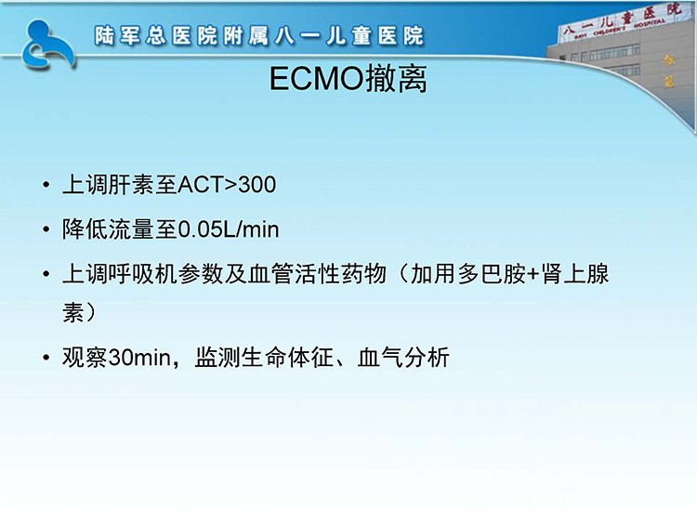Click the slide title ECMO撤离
[348, 79]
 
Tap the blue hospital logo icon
[48, 45]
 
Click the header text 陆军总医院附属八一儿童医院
[259, 36]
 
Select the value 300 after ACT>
[256, 185]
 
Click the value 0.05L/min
[229, 229]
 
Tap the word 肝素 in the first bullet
[131, 185]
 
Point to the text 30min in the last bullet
[139, 358]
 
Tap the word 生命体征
[287, 358]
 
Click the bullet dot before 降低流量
[46, 229]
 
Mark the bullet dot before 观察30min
[46, 359]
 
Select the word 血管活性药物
[317, 274]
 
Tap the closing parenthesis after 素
[90, 312]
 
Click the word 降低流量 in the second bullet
[108, 229]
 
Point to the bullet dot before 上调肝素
[46, 185]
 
